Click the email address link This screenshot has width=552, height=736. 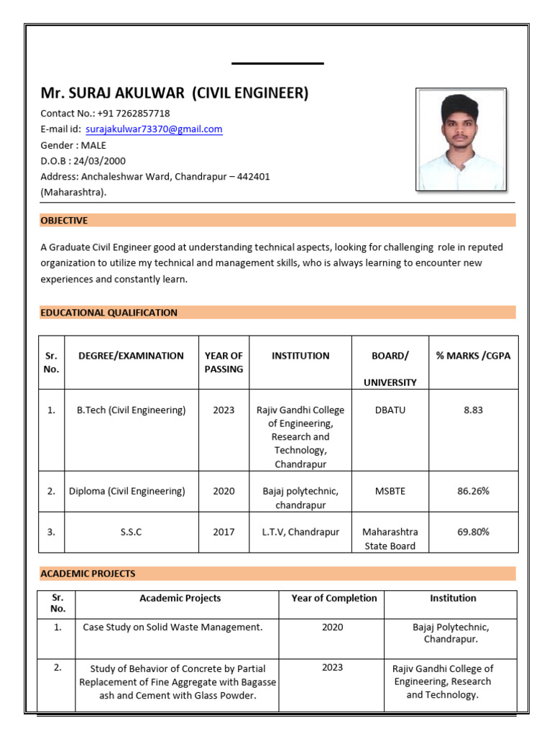(x=154, y=129)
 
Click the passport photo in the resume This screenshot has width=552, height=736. (x=461, y=139)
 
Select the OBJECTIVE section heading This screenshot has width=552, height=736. (x=64, y=221)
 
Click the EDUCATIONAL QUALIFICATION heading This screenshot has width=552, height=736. (x=109, y=313)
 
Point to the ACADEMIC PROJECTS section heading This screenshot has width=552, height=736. (x=88, y=574)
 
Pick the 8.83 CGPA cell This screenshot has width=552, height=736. (x=473, y=410)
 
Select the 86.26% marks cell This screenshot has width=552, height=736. (x=473, y=491)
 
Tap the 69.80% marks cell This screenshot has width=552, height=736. (x=473, y=532)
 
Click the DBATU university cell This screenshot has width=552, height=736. (x=390, y=410)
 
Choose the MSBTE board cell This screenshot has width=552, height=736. (x=390, y=491)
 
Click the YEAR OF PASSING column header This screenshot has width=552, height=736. (x=224, y=362)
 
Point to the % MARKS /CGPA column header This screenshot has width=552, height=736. (x=473, y=356)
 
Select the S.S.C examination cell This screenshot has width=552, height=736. (x=131, y=532)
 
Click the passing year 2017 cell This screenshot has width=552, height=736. (x=224, y=532)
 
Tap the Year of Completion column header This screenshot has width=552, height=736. (x=333, y=598)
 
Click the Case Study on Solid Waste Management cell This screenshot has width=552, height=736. (x=172, y=627)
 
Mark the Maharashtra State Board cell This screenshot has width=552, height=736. (x=390, y=539)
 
